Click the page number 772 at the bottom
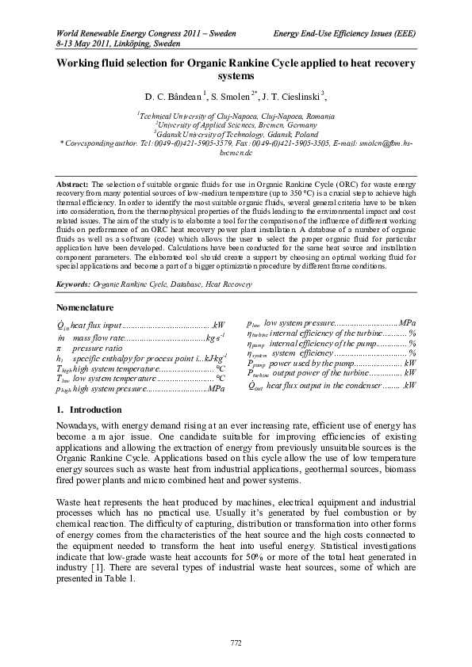(x=236, y=642)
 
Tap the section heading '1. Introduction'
(x=86, y=410)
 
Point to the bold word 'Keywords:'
(x=74, y=283)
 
